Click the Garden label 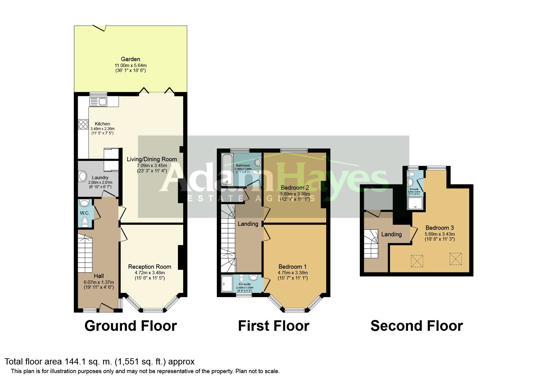coord(130,59)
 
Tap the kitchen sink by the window coord(98,102)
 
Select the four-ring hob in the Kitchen coord(83,124)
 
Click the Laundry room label coord(100,177)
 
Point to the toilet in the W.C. coord(85,221)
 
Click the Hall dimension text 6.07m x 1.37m coord(99,282)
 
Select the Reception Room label coord(149,267)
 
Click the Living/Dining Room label coord(152,159)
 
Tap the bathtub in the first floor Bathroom coord(226,169)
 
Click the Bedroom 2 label coord(295,187)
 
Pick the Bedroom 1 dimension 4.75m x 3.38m coord(292,273)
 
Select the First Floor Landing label coord(248,224)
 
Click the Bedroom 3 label coord(440,228)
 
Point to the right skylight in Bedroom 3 coord(455,259)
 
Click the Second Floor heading coord(416,326)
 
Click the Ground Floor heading coord(130,326)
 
